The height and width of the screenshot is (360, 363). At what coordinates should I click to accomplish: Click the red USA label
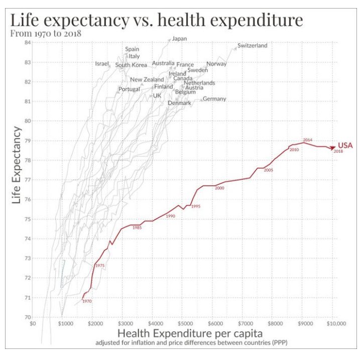click(x=345, y=146)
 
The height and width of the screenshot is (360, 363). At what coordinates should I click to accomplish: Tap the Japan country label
click(x=179, y=38)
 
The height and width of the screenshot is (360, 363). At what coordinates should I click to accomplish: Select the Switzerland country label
click(x=252, y=46)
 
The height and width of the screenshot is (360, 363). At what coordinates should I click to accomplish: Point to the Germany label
click(x=214, y=99)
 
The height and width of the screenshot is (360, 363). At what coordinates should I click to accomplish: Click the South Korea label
click(x=131, y=65)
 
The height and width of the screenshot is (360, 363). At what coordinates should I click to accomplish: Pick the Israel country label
click(x=102, y=64)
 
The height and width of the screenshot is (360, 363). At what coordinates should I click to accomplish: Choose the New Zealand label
click(x=147, y=80)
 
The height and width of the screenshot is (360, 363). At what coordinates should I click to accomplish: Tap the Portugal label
click(x=129, y=89)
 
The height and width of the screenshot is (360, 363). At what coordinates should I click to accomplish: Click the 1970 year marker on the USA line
click(x=87, y=301)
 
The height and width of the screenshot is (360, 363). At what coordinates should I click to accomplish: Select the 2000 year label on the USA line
click(x=219, y=188)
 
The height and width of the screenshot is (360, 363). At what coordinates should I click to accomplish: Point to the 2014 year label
click(x=308, y=140)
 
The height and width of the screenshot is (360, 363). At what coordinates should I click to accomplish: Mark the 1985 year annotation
click(x=137, y=228)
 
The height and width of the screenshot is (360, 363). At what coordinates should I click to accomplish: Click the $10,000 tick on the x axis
click(x=335, y=324)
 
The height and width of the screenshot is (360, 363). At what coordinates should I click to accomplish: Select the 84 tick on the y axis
click(x=28, y=43)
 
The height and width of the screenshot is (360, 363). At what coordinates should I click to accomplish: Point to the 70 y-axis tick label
click(x=28, y=317)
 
